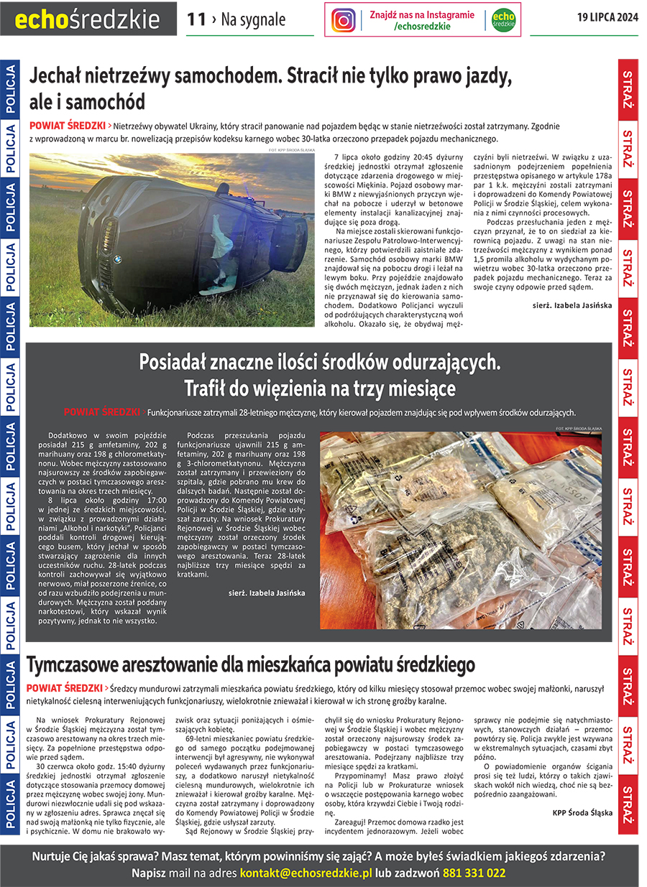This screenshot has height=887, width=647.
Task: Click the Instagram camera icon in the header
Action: point(344,20)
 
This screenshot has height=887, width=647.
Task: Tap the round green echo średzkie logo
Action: point(503,20)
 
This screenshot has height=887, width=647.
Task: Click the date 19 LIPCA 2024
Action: point(607,18)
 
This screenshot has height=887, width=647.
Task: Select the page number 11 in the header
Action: point(196,19)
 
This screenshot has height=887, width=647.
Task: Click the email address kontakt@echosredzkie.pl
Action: point(306,873)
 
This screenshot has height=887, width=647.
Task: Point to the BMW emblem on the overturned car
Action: point(117,259)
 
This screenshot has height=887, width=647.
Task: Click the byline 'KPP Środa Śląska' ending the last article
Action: point(582,813)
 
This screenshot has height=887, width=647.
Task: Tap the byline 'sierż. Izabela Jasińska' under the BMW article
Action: point(572,305)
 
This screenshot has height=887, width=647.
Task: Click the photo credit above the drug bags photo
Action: point(578,428)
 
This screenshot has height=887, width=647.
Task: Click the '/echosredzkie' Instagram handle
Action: point(422,27)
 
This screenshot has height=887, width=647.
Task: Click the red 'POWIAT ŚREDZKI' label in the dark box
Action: point(101,412)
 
